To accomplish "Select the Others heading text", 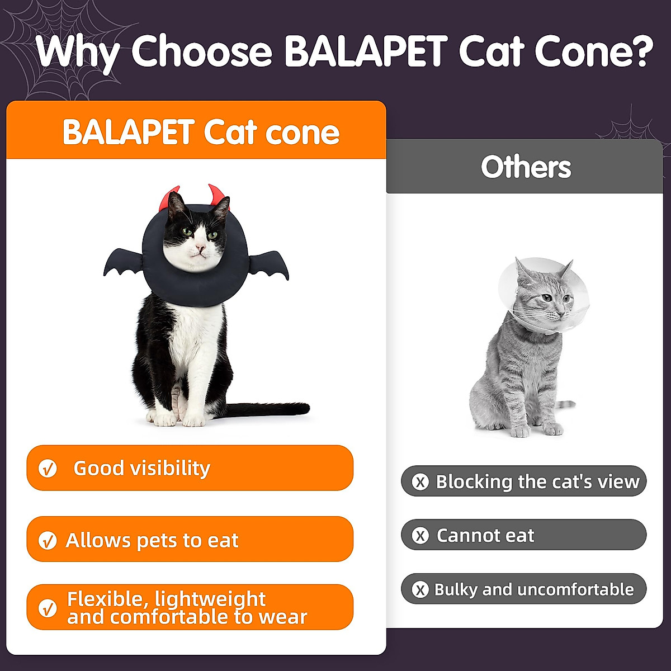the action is pyautogui.click(x=526, y=167).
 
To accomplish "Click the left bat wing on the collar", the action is pyautogui.click(x=124, y=262).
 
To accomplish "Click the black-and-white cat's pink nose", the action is pyautogui.click(x=200, y=248).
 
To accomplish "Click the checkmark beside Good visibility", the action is pyautogui.click(x=48, y=469).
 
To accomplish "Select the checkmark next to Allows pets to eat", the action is pyautogui.click(x=48, y=540).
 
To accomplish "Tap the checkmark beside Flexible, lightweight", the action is pyautogui.click(x=48, y=608).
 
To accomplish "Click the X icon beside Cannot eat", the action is pyautogui.click(x=420, y=536).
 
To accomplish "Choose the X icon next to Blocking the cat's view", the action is pyautogui.click(x=420, y=482).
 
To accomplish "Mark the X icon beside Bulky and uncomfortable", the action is pyautogui.click(x=420, y=589).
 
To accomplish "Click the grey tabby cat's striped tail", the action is pyautogui.click(x=564, y=405).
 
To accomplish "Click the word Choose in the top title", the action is pyautogui.click(x=202, y=51).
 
